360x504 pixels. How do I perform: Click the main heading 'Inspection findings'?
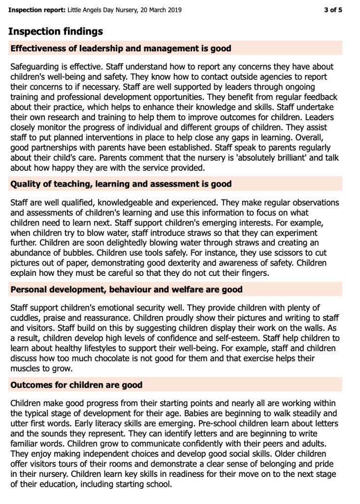click(56, 32)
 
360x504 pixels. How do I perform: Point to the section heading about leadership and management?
click(121, 48)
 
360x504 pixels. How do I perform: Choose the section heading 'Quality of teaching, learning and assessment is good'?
click(121, 184)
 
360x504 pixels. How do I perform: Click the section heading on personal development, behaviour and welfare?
click(126, 290)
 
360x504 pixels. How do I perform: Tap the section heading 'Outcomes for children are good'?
click(76, 385)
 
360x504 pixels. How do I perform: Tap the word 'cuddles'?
click(27, 317)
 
